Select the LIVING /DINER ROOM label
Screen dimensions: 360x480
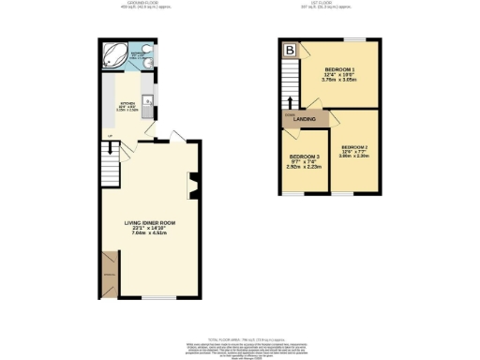tap(150, 222)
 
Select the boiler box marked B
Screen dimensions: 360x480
tap(290, 50)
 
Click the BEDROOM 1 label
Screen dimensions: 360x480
tap(338, 70)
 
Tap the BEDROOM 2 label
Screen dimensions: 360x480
tap(354, 148)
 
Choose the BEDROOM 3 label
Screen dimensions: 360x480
tap(304, 157)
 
